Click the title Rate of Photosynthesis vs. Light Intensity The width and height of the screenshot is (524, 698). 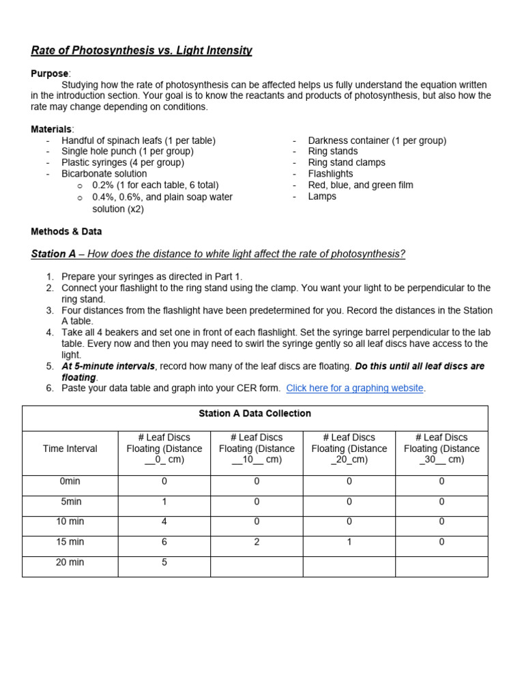pos(142,50)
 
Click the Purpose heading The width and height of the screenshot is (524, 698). pos(49,74)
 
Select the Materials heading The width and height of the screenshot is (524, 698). pos(51,130)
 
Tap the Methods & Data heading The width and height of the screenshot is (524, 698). pos(66,232)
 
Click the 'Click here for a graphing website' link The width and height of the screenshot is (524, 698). pos(355,388)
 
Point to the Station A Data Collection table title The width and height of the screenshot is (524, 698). pos(254,414)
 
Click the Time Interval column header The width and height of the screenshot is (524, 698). pos(70,449)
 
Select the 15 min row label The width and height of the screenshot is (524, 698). pos(70,542)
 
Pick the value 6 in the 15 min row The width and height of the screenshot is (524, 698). pos(164,542)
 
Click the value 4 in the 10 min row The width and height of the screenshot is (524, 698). pos(164,521)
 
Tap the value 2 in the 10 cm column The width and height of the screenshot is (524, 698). pos(257,542)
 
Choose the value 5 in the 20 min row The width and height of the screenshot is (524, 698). pos(164,562)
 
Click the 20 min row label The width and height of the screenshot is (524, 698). pos(70,562)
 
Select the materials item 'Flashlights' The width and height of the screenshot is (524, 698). pos(330,174)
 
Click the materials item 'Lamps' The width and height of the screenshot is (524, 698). pos(322,196)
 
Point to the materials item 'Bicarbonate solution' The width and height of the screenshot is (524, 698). pos(104,174)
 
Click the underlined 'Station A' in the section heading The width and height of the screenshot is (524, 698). pos(53,254)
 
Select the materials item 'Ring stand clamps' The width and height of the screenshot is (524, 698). pos(347,163)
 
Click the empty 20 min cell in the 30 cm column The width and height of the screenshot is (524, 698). pos(441,566)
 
